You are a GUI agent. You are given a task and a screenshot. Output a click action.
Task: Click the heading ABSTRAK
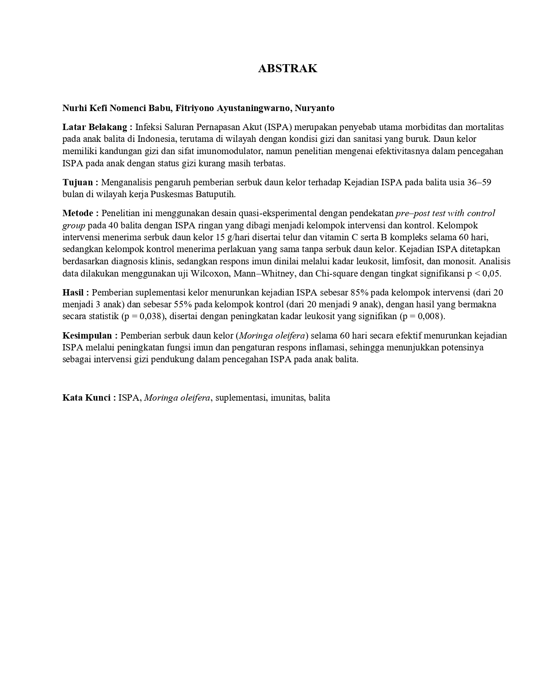[288, 69]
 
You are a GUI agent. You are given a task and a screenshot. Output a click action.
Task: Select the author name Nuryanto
[315, 108]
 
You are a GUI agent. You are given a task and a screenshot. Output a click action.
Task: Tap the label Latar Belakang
[95, 127]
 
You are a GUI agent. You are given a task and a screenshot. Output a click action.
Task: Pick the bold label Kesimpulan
[87, 336]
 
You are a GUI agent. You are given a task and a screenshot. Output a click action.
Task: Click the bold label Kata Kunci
[86, 398]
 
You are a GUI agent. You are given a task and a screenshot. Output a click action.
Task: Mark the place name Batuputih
[217, 195]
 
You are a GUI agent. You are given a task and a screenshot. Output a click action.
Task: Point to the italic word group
[74, 225]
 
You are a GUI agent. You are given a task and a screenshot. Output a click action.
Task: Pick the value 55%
[183, 304]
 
